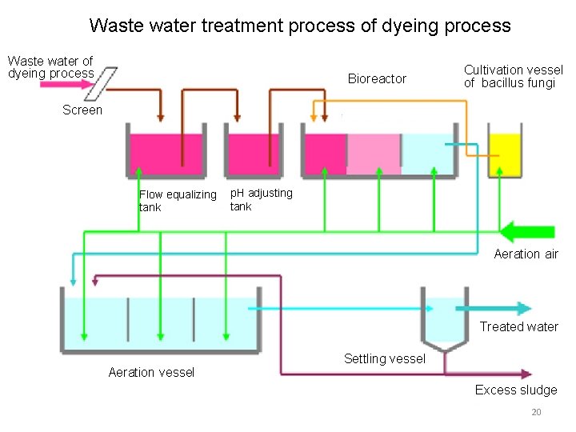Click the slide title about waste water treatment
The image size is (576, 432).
click(299, 26)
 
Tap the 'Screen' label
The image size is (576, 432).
click(82, 110)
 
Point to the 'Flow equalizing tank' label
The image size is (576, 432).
click(177, 201)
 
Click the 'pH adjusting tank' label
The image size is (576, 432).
click(261, 199)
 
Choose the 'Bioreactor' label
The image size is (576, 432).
click(377, 78)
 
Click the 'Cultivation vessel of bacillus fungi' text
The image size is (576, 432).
click(513, 76)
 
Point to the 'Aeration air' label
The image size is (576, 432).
click(526, 254)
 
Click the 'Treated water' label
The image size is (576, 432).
click(518, 326)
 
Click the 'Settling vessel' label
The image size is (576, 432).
click(384, 358)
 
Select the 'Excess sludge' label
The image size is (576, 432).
click(516, 390)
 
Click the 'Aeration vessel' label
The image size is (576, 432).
click(151, 372)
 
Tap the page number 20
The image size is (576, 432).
click(536, 412)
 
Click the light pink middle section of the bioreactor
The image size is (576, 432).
click(374, 154)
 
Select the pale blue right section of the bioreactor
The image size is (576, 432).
click(428, 154)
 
